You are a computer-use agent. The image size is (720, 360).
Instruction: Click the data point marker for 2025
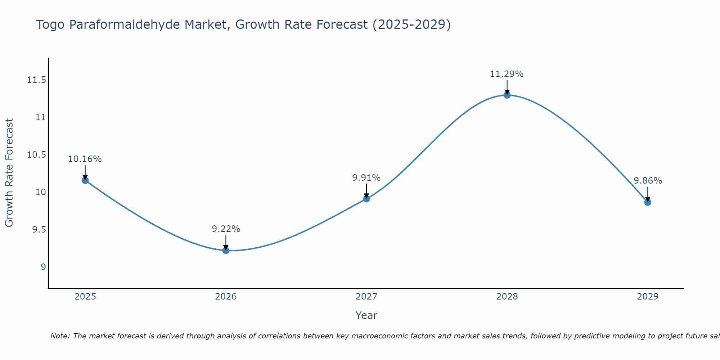pyautogui.click(x=85, y=180)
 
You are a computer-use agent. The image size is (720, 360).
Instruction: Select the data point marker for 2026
pyautogui.click(x=226, y=250)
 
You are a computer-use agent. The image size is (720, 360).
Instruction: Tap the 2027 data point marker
pyautogui.click(x=366, y=199)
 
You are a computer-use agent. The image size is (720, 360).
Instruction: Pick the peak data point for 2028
pyautogui.click(x=507, y=95)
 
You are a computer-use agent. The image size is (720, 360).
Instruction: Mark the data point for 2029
pyautogui.click(x=648, y=202)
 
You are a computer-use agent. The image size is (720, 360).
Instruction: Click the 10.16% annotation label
pyautogui.click(x=85, y=159)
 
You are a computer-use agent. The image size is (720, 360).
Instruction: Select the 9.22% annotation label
pyautogui.click(x=226, y=229)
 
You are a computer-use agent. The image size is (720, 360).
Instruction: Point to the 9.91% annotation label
pyautogui.click(x=366, y=177)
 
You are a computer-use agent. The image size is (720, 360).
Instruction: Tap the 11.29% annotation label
pyautogui.click(x=507, y=74)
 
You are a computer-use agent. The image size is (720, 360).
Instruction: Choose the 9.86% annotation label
pyautogui.click(x=648, y=181)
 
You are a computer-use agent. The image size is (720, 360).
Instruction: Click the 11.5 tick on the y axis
pyautogui.click(x=37, y=80)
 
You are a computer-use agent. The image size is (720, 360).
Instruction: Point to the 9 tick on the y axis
pyautogui.click(x=43, y=267)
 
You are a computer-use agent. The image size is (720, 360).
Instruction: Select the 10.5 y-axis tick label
pyautogui.click(x=37, y=155)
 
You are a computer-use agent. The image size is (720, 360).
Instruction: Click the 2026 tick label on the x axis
pyautogui.click(x=226, y=297)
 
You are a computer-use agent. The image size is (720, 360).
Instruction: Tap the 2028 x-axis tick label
pyautogui.click(x=507, y=297)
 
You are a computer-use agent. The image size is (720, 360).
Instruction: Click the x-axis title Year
pyautogui.click(x=366, y=315)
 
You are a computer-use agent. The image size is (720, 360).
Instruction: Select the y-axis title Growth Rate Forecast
pyautogui.click(x=9, y=173)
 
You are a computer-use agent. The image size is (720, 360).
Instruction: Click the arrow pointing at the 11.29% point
pyautogui.click(x=507, y=86)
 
